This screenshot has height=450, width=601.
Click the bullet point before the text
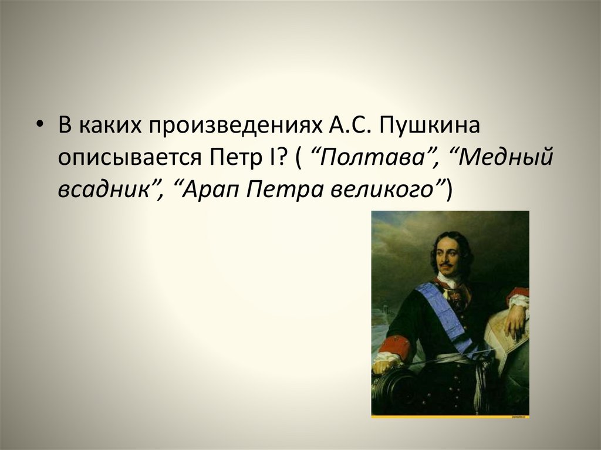[41, 125]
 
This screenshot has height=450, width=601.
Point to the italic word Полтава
[373, 157]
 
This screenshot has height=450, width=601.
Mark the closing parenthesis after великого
[449, 188]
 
